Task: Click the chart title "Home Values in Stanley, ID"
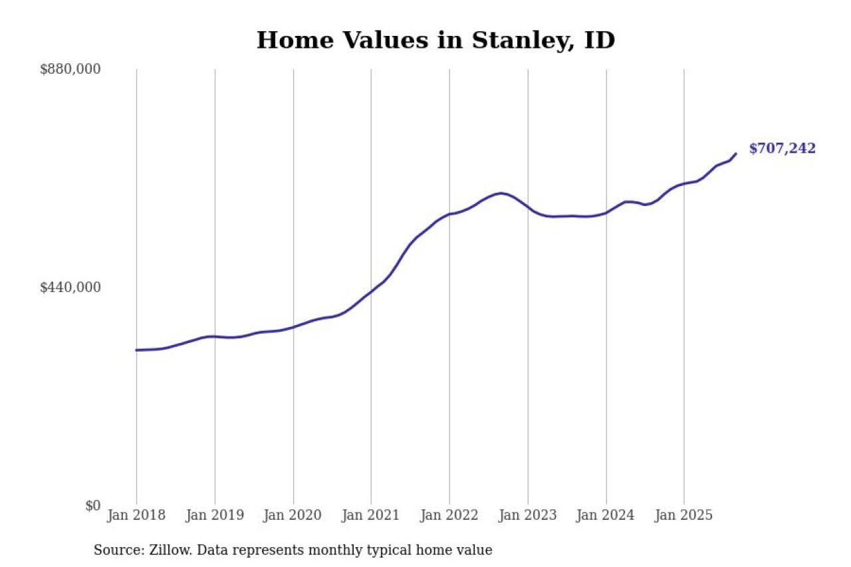435,40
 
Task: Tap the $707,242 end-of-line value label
782,149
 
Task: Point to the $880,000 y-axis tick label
70,69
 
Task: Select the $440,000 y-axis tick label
70,287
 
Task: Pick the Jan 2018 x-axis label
136,515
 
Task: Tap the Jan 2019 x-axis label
215,515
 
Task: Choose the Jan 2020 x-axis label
293,515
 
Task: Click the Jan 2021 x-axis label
371,515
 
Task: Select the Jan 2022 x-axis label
449,515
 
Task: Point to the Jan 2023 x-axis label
528,515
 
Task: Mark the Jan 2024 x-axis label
606,515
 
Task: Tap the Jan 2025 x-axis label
684,515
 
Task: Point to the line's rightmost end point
736,154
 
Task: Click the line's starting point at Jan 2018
136,350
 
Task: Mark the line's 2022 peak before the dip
501,193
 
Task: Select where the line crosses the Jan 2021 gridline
371,290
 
